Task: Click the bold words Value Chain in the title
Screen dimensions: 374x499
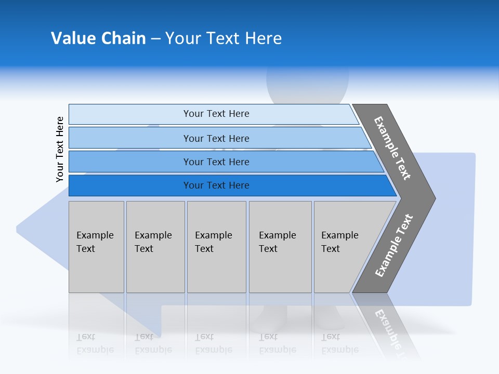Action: (x=98, y=38)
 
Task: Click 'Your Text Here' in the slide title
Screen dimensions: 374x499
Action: (x=224, y=38)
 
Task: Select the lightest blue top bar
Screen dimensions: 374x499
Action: (x=216, y=114)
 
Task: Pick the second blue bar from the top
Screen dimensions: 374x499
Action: (x=216, y=138)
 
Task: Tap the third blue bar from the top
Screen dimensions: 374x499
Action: (x=216, y=162)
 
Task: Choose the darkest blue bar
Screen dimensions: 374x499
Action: (x=216, y=185)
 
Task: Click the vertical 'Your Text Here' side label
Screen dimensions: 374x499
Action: (x=60, y=149)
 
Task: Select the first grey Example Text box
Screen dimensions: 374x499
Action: (x=96, y=246)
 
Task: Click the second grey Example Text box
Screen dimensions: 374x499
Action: (x=155, y=246)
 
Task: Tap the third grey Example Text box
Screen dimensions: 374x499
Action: (x=216, y=246)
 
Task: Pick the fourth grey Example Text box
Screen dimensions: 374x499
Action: (x=280, y=246)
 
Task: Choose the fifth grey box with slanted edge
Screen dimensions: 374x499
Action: (x=343, y=246)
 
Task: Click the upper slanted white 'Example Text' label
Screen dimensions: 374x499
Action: (x=392, y=148)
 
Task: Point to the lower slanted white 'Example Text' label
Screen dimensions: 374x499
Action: (x=393, y=246)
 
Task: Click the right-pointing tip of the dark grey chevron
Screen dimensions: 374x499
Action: (x=434, y=198)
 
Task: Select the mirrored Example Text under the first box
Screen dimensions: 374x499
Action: (x=95, y=343)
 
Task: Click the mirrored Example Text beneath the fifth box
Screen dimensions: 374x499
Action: (x=340, y=343)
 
